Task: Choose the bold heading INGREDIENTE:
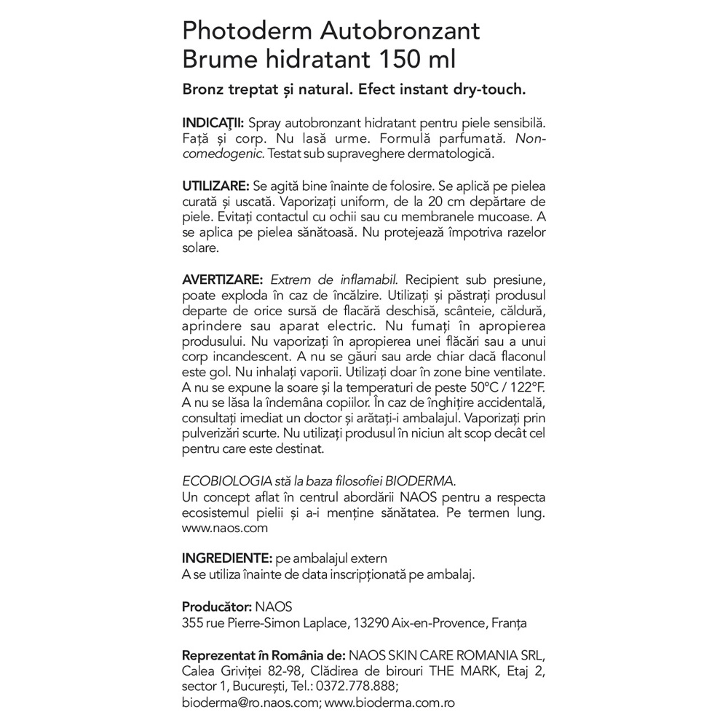[x=226, y=558]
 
